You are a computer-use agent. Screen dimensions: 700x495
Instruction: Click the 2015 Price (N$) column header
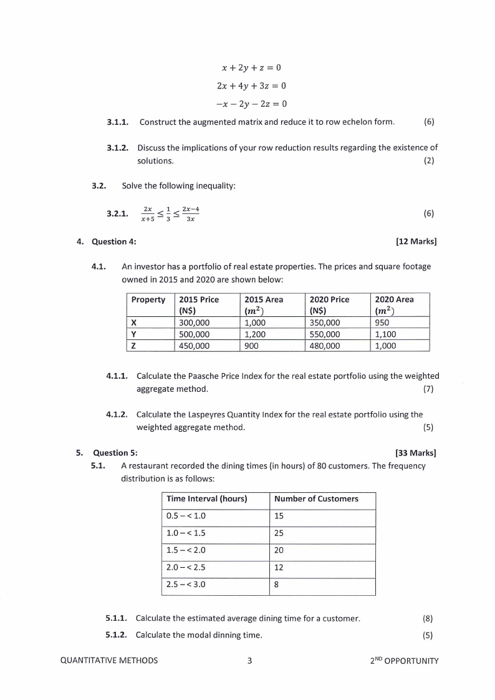199,304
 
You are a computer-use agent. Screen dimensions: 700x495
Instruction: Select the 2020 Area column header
394,304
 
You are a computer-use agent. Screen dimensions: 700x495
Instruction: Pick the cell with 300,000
195,323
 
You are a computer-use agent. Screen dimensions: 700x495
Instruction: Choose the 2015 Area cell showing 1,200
259,334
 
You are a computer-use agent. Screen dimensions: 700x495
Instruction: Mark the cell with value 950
382,323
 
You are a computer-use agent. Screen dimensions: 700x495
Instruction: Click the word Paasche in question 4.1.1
196,376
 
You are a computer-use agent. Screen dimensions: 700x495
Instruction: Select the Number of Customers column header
316,498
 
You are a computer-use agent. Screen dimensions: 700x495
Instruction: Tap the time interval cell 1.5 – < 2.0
186,550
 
